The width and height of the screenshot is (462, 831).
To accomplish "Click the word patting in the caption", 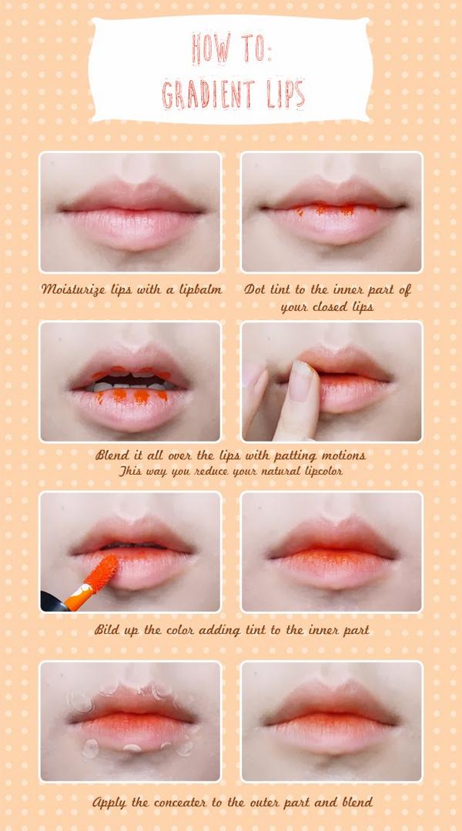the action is tap(300, 456).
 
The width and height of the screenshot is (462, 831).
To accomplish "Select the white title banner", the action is tap(230, 70).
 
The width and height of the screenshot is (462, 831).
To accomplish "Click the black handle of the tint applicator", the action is tap(52, 602).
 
